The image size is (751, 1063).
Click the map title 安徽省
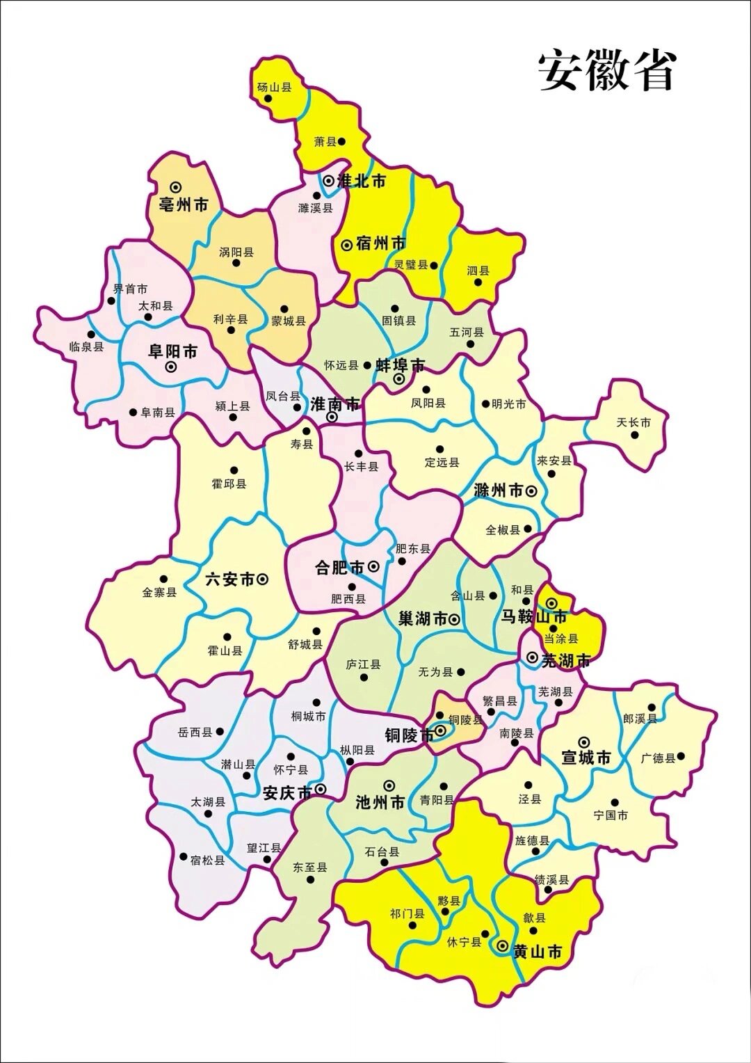coord(607,70)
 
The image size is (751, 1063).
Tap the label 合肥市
coord(340,568)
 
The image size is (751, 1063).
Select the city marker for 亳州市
coord(175,187)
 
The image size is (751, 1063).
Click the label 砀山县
coord(274,87)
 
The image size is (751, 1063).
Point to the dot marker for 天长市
coord(634,435)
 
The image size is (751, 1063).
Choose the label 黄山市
coord(537,952)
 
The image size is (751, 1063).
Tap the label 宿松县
coord(207,860)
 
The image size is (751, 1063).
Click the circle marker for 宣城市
coord(584,742)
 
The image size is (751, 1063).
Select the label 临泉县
coord(87,346)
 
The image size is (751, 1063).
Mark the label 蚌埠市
coord(400,365)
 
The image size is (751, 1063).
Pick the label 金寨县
coord(159,592)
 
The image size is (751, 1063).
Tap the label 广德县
coord(658,758)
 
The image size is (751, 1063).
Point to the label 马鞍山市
coord(534,616)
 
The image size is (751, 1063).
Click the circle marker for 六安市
coord(263,579)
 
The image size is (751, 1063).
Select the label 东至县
coord(309,868)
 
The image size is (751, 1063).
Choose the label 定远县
coord(442,462)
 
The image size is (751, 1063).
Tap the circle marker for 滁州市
coord(531,491)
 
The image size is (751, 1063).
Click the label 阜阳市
coord(172,351)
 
